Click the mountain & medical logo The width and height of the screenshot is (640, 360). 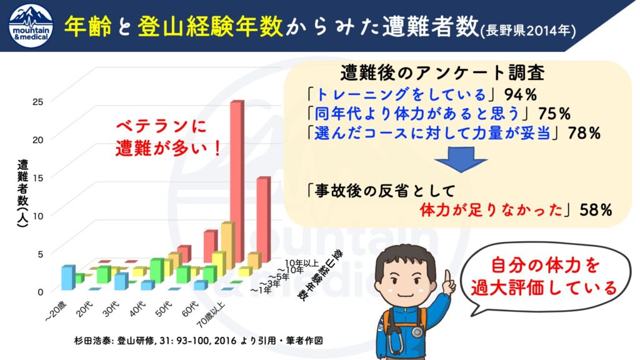click(x=31, y=26)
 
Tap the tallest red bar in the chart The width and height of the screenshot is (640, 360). click(x=237, y=181)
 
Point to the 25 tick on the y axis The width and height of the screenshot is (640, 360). click(x=37, y=102)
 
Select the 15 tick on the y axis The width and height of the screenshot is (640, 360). click(x=37, y=177)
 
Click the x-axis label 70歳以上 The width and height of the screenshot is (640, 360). click(x=210, y=315)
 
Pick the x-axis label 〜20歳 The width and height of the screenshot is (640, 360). click(x=56, y=312)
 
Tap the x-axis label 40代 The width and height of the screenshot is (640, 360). click(x=137, y=308)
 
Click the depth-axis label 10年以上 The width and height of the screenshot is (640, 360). click(x=301, y=263)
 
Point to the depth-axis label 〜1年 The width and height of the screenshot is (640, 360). click(x=261, y=290)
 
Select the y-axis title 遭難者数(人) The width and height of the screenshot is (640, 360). click(x=22, y=193)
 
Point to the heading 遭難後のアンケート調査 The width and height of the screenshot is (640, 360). click(x=442, y=73)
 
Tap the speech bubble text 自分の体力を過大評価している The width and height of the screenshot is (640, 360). click(x=544, y=277)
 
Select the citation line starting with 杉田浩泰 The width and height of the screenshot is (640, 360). click(x=198, y=341)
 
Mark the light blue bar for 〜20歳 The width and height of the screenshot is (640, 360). click(x=68, y=277)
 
